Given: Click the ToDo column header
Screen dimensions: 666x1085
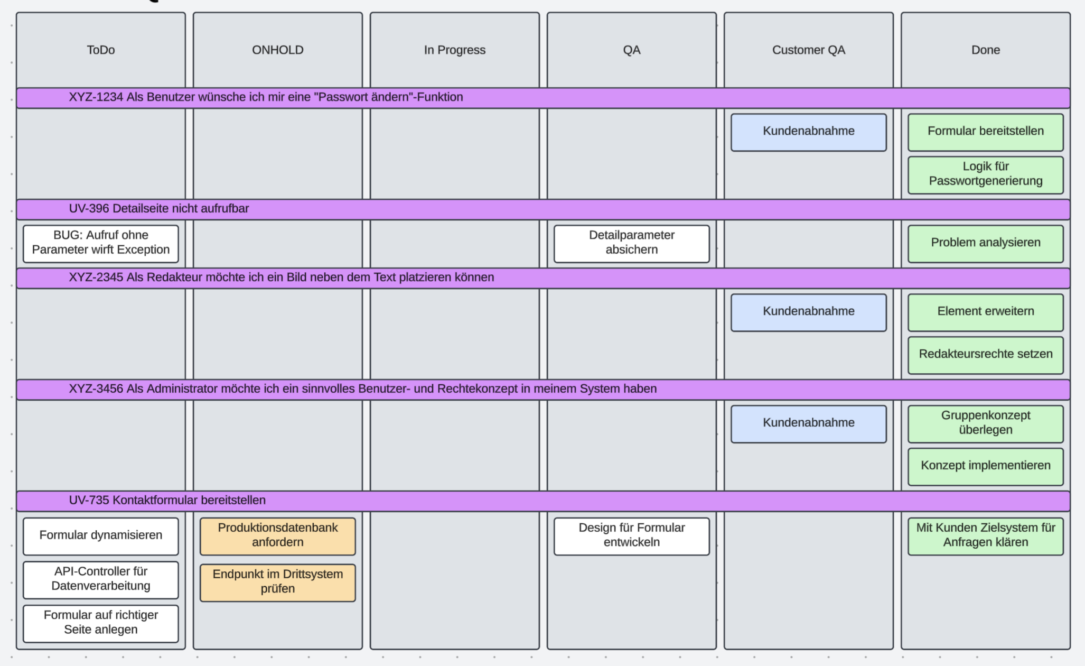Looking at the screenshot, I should [100, 50].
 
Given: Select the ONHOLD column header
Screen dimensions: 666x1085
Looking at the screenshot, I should [277, 50].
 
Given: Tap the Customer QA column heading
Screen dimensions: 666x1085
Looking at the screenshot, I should [808, 50].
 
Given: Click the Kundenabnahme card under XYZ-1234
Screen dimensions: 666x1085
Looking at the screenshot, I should [808, 132].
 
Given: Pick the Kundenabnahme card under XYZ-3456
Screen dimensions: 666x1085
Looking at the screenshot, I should [808, 423].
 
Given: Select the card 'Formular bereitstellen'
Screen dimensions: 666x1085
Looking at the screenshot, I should [985, 132].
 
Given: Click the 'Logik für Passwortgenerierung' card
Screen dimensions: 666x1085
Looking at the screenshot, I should [985, 174].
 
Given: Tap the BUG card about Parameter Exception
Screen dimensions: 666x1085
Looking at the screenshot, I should [100, 243].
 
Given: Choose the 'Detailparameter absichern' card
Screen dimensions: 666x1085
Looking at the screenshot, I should [631, 243].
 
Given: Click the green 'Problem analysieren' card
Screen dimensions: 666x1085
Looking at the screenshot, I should [985, 243].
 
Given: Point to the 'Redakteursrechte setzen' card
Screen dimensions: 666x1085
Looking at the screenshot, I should [985, 355].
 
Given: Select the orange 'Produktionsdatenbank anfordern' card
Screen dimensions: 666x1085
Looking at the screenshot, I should [277, 535].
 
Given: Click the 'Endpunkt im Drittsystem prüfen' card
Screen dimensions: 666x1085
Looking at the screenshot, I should [277, 582].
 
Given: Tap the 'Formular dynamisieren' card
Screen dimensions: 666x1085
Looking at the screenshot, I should [100, 535].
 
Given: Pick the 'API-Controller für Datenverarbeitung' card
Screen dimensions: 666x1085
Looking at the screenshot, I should [100, 579].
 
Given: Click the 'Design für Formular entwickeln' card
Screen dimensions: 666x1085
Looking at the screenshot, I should [631, 535].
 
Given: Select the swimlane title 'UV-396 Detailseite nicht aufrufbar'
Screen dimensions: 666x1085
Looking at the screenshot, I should [158, 209].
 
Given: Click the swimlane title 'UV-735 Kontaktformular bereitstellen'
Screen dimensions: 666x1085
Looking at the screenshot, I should [167, 501].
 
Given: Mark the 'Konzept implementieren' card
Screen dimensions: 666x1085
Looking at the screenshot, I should [985, 466].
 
